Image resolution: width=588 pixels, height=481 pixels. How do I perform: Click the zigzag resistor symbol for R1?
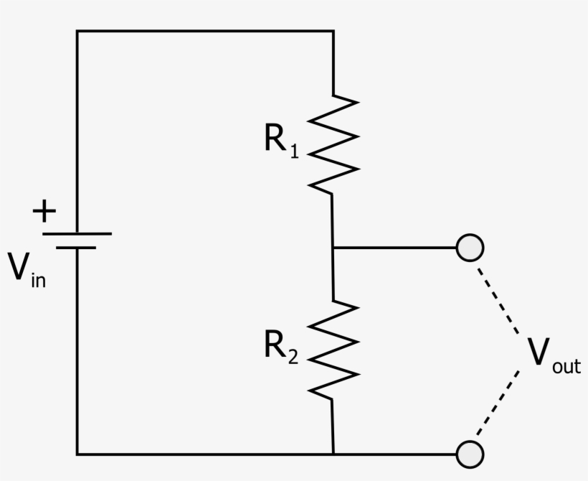click(x=333, y=143)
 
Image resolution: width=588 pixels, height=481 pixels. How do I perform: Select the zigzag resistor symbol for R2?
click(x=333, y=348)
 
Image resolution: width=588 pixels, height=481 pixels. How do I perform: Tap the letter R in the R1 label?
click(x=276, y=139)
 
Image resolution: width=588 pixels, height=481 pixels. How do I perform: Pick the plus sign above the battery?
click(x=44, y=212)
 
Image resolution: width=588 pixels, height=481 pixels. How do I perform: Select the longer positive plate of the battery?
click(x=77, y=233)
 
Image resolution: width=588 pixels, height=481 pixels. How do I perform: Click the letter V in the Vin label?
click(x=19, y=266)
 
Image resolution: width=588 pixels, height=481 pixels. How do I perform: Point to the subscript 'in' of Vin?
click(x=39, y=279)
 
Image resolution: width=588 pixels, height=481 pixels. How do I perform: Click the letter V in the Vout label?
click(x=539, y=352)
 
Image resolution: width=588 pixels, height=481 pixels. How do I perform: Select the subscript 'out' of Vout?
click(x=566, y=366)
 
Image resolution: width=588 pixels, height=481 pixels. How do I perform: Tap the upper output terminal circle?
click(x=470, y=248)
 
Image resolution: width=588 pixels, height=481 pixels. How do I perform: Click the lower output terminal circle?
click(x=470, y=454)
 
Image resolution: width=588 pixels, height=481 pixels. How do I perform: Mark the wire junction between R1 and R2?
click(x=333, y=248)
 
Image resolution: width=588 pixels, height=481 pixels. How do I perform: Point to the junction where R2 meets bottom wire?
click(x=333, y=454)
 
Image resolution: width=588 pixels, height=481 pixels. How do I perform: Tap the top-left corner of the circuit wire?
click(x=77, y=31)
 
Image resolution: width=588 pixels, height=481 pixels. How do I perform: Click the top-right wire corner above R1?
click(x=333, y=31)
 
